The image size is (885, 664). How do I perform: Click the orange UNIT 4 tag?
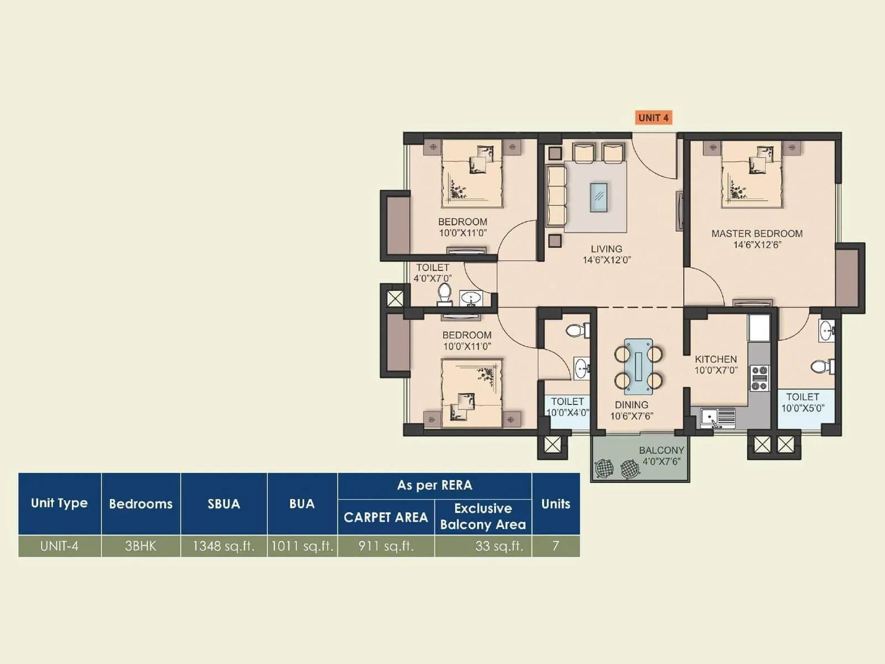pyautogui.click(x=653, y=117)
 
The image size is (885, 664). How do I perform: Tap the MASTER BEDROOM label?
pyautogui.click(x=757, y=234)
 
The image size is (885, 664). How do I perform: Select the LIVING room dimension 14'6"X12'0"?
pyautogui.click(x=607, y=260)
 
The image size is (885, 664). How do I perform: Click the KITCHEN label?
pyautogui.click(x=716, y=359)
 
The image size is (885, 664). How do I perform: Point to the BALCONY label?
pyautogui.click(x=662, y=450)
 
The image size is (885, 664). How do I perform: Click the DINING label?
pyautogui.click(x=631, y=405)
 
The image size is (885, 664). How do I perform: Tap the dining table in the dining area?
pyautogui.click(x=638, y=366)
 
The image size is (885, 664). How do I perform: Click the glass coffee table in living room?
pyautogui.click(x=598, y=197)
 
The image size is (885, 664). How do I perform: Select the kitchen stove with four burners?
pyautogui.click(x=759, y=378)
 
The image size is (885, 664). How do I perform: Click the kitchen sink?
pyautogui.click(x=717, y=418)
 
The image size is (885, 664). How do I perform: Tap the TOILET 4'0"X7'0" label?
pyautogui.click(x=433, y=273)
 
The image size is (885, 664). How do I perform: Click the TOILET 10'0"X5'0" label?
pyautogui.click(x=803, y=402)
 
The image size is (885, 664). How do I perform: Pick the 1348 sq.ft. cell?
pyautogui.click(x=223, y=546)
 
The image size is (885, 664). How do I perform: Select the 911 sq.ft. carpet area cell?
pyautogui.click(x=386, y=546)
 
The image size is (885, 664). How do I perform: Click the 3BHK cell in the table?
pyautogui.click(x=140, y=546)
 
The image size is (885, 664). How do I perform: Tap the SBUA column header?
pyautogui.click(x=223, y=504)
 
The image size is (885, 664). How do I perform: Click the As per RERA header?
pyautogui.click(x=434, y=485)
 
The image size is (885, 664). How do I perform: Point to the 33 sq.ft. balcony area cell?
pyautogui.click(x=499, y=546)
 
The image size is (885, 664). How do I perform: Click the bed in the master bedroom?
pyautogui.click(x=752, y=174)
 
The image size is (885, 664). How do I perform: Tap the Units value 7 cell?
pyautogui.click(x=555, y=546)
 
